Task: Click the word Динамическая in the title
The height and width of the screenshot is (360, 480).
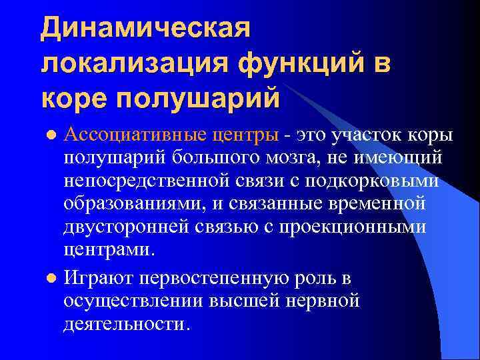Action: coord(145,29)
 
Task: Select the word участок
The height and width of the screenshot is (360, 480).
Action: coord(373,135)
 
